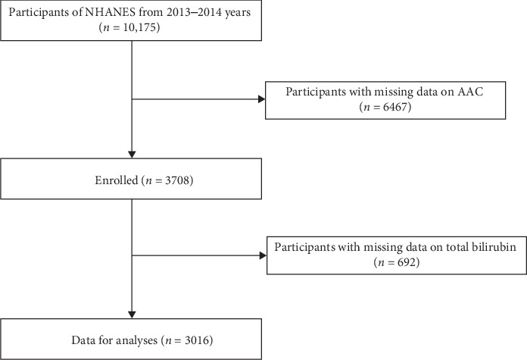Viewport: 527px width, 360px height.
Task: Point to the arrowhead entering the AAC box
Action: pos(262,98)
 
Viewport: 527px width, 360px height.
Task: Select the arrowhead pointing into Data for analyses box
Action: pos(133,313)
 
